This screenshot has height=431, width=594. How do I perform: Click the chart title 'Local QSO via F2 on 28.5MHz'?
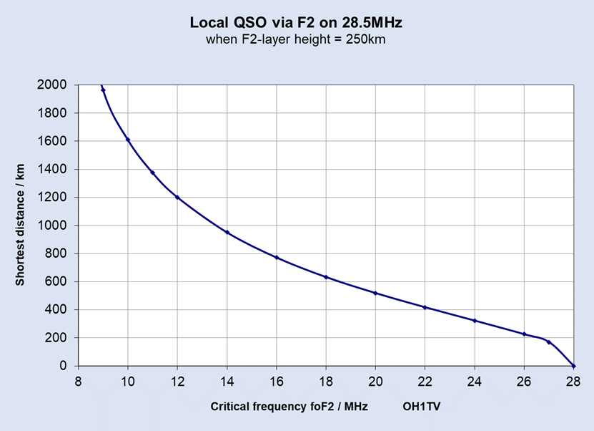(296, 23)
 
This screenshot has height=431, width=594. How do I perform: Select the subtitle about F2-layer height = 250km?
(296, 39)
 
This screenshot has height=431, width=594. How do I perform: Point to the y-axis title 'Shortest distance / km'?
(20, 225)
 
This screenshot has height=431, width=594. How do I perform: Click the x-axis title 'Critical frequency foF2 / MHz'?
(289, 407)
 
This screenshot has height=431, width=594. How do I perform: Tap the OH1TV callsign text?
(422, 407)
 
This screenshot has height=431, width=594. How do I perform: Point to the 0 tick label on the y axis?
(64, 366)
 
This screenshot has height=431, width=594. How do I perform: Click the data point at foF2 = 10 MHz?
(128, 140)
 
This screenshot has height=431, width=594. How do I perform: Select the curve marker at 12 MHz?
(177, 198)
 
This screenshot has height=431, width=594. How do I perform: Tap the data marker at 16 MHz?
(277, 258)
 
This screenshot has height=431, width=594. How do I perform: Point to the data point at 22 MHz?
(425, 307)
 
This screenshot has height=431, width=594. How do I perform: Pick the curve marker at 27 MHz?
(549, 342)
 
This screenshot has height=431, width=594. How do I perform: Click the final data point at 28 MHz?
(573, 366)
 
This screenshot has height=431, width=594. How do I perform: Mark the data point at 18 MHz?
(326, 277)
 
